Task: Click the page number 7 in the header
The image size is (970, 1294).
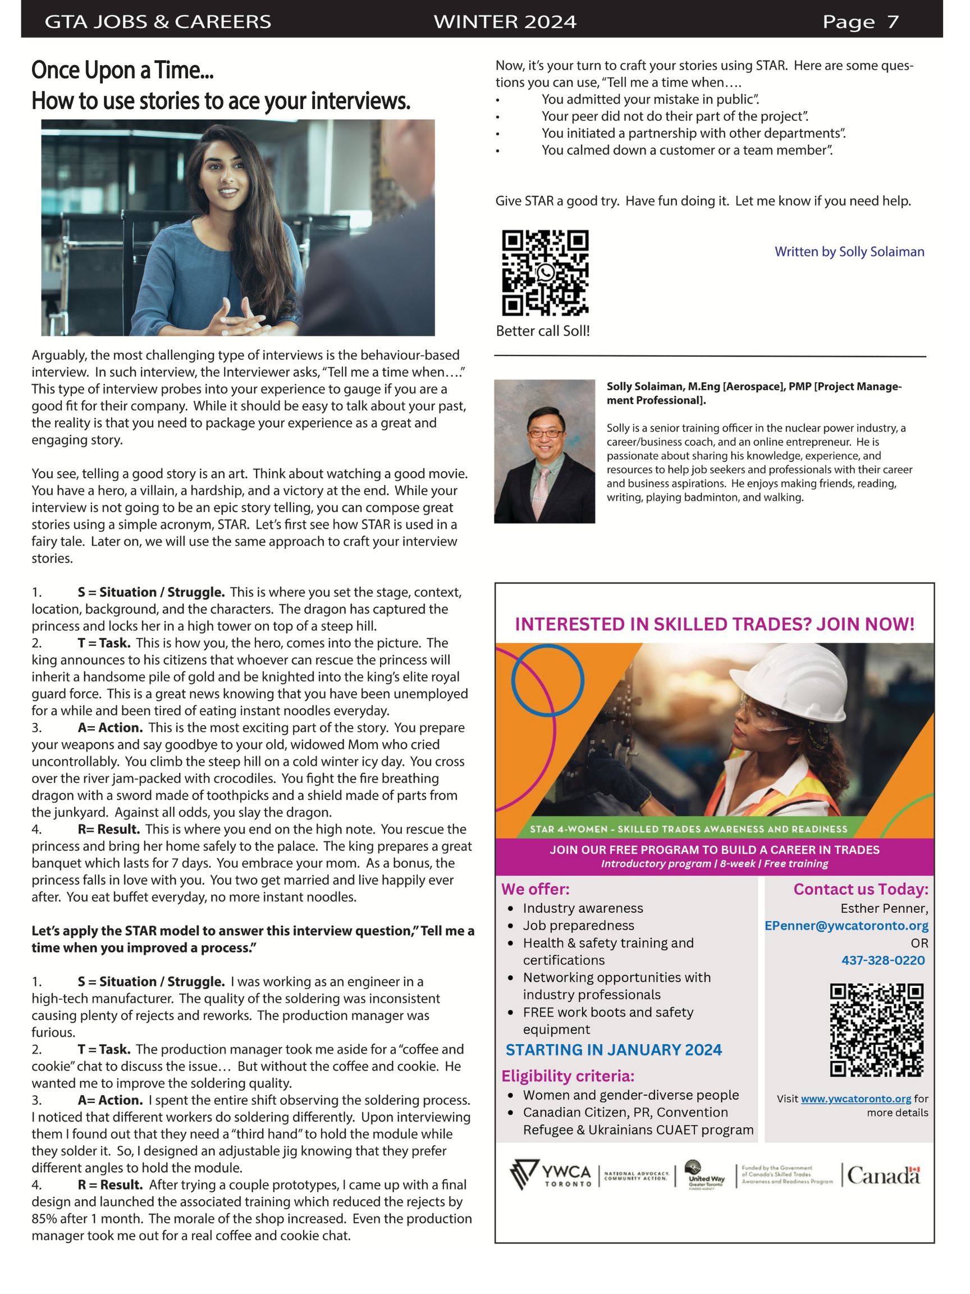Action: [892, 22]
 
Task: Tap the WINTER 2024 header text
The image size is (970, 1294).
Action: [505, 22]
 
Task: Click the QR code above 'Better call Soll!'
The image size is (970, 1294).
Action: [545, 272]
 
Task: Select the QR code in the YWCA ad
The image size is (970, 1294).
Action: [876, 1030]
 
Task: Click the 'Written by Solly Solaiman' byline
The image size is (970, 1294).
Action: [849, 252]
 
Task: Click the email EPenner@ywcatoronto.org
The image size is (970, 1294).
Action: [846, 926]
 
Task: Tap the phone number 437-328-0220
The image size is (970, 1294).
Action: [883, 960]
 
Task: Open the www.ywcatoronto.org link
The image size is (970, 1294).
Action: [855, 1099]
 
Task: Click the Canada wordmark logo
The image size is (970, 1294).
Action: [884, 1175]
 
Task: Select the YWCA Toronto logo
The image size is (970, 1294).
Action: [550, 1175]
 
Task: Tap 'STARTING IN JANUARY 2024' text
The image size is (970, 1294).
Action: [614, 1050]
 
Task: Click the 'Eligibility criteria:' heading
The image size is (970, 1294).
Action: [567, 1076]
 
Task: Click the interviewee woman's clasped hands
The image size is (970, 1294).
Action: [234, 319]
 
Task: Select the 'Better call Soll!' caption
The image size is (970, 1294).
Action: [543, 331]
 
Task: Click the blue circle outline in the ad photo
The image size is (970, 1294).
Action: [547, 680]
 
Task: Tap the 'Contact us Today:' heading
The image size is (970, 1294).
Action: [860, 889]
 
